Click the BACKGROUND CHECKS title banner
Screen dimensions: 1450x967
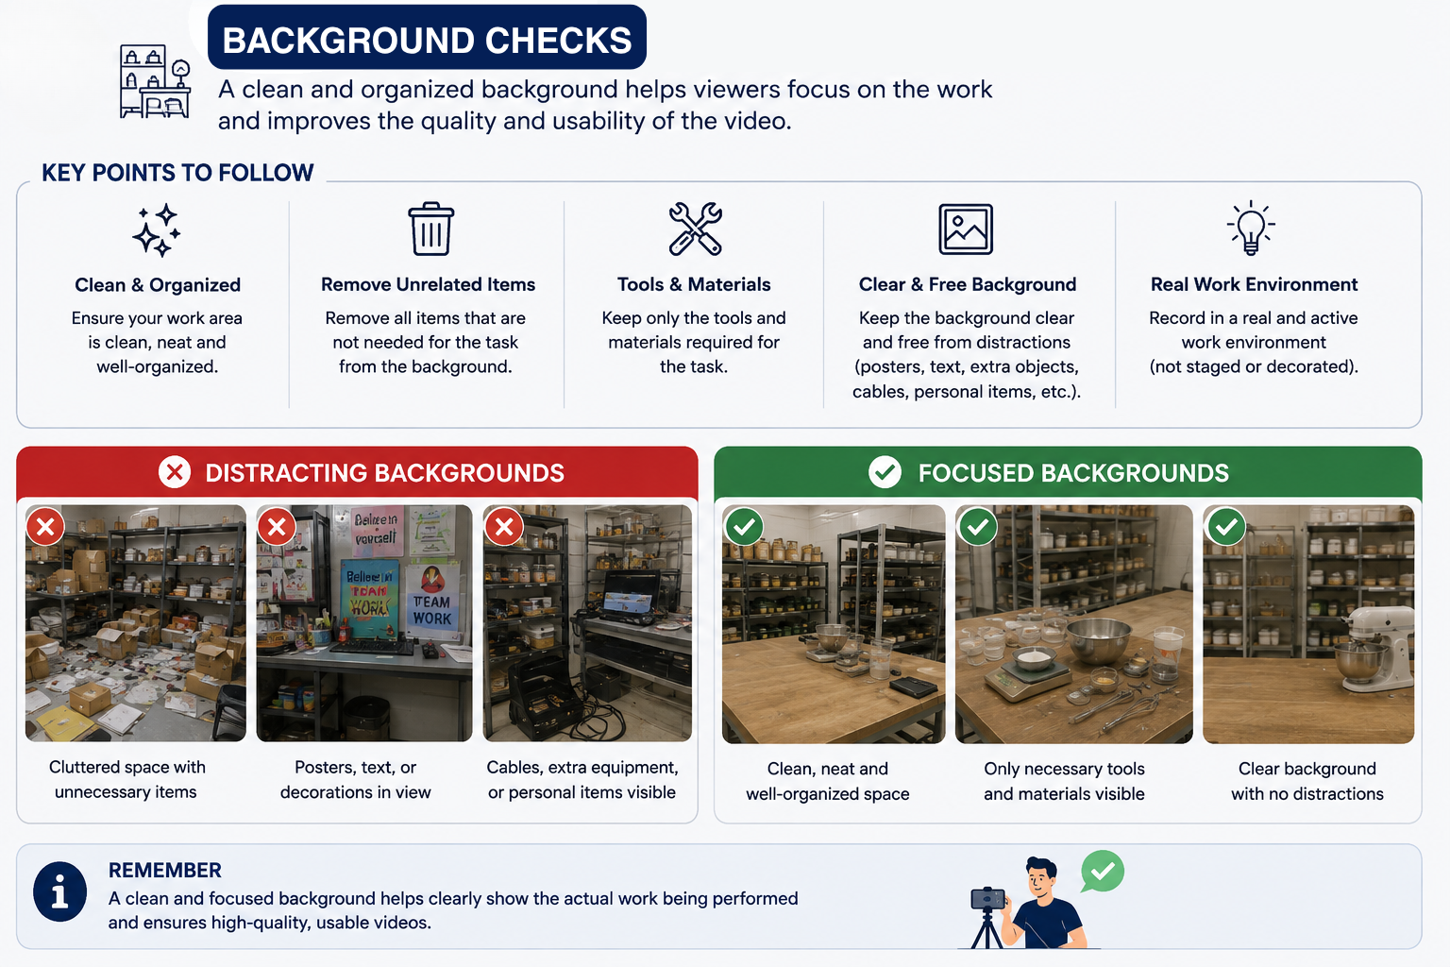(427, 38)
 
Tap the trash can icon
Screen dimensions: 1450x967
(431, 229)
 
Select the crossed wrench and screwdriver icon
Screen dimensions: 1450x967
(695, 229)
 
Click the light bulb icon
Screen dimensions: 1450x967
(1251, 228)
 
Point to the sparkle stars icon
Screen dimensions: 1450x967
(157, 229)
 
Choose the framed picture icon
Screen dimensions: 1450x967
(966, 229)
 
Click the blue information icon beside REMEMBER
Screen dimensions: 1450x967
(59, 891)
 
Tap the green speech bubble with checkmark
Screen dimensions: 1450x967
(1103, 872)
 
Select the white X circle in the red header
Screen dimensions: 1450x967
(174, 471)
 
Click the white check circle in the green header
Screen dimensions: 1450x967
(885, 471)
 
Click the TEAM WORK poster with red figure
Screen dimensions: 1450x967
(431, 599)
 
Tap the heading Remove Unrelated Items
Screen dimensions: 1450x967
(428, 284)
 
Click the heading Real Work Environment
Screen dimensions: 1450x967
(1254, 284)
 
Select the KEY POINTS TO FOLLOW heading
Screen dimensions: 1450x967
(177, 173)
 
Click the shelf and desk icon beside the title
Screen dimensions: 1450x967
(156, 81)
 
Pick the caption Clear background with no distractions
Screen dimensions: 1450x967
(1307, 781)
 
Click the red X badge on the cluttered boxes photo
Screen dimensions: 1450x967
(45, 527)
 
